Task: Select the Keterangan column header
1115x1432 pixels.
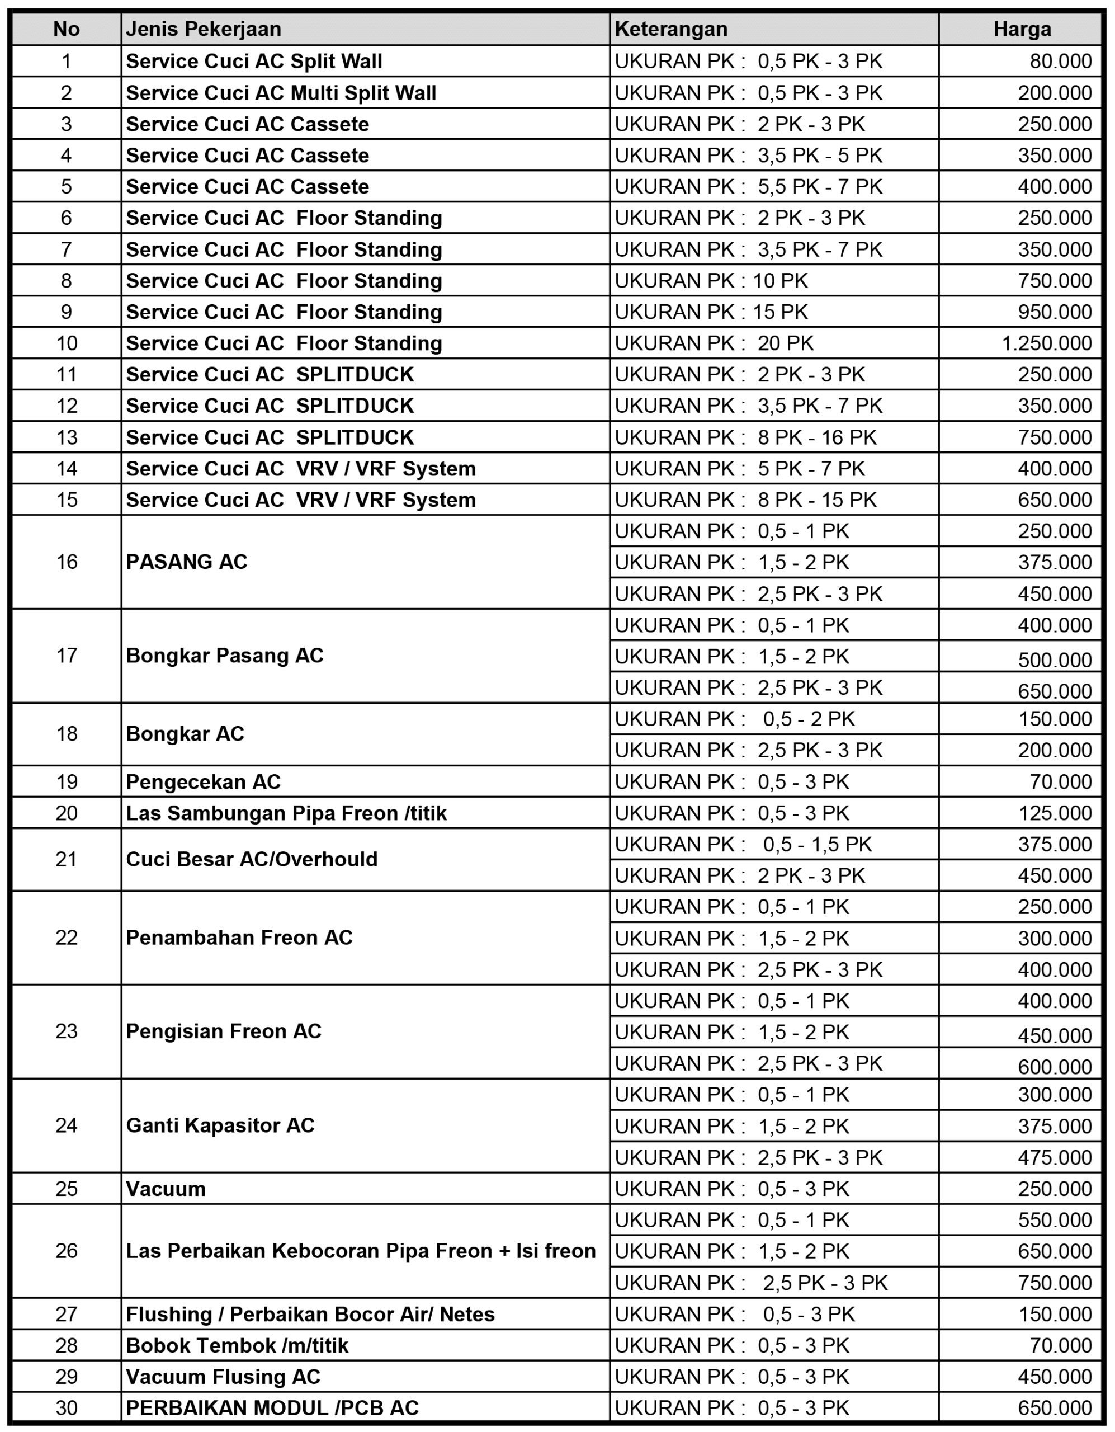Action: (x=670, y=29)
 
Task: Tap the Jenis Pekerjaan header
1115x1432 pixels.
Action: (x=203, y=29)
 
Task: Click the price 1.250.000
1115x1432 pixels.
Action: (x=1046, y=343)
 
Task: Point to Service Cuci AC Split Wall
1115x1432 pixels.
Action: (x=254, y=61)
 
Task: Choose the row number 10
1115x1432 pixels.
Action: (x=66, y=343)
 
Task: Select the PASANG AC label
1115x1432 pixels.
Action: (x=186, y=562)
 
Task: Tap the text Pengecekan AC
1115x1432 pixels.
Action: (x=202, y=781)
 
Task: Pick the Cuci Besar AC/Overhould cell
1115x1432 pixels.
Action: (x=252, y=859)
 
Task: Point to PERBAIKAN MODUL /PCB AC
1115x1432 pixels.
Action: (x=272, y=1408)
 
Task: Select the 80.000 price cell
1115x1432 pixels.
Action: (x=1060, y=61)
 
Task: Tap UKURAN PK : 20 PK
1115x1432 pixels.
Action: (x=714, y=343)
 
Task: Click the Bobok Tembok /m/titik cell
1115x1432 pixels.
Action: (x=237, y=1345)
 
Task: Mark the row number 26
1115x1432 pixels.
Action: (x=66, y=1250)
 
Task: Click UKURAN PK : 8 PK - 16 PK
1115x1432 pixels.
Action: (x=745, y=437)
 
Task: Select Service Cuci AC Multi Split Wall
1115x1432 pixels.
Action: (x=281, y=92)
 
